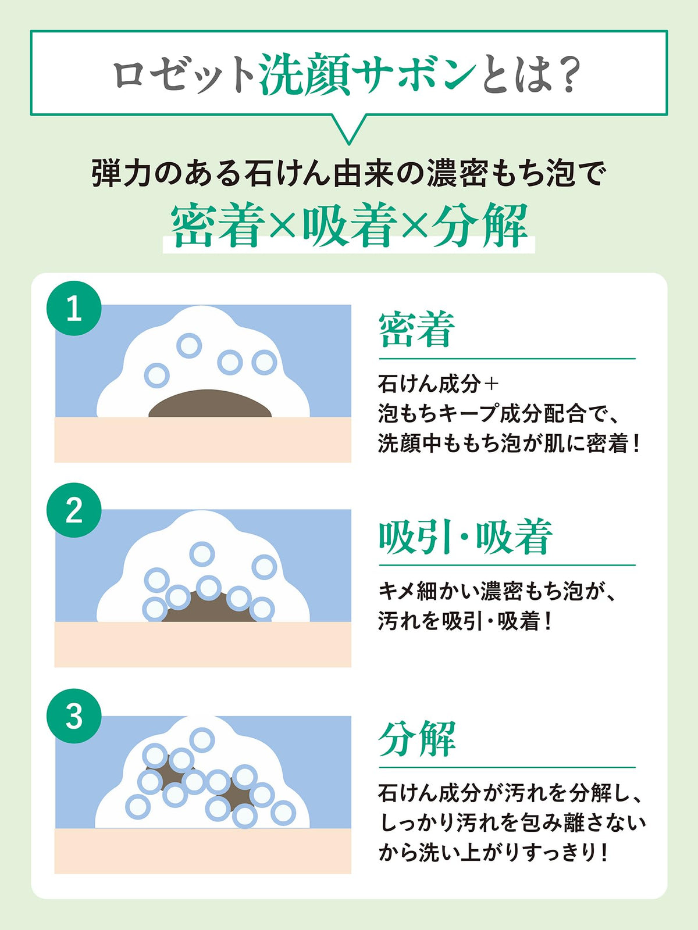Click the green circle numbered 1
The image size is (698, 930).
click(74, 308)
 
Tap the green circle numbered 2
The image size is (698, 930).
click(74, 510)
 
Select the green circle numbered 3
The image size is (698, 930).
click(74, 716)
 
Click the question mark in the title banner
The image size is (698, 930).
click(566, 74)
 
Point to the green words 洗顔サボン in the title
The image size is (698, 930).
click(368, 74)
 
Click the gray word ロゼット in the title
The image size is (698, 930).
click(183, 75)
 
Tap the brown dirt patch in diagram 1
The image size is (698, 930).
click(210, 403)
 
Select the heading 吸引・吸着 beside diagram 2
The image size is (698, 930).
click(465, 536)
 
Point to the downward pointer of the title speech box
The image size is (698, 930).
click(349, 129)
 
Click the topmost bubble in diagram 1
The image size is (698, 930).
click(188, 346)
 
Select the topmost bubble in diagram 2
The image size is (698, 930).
click(202, 554)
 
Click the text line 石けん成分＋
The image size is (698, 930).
click(438, 384)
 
